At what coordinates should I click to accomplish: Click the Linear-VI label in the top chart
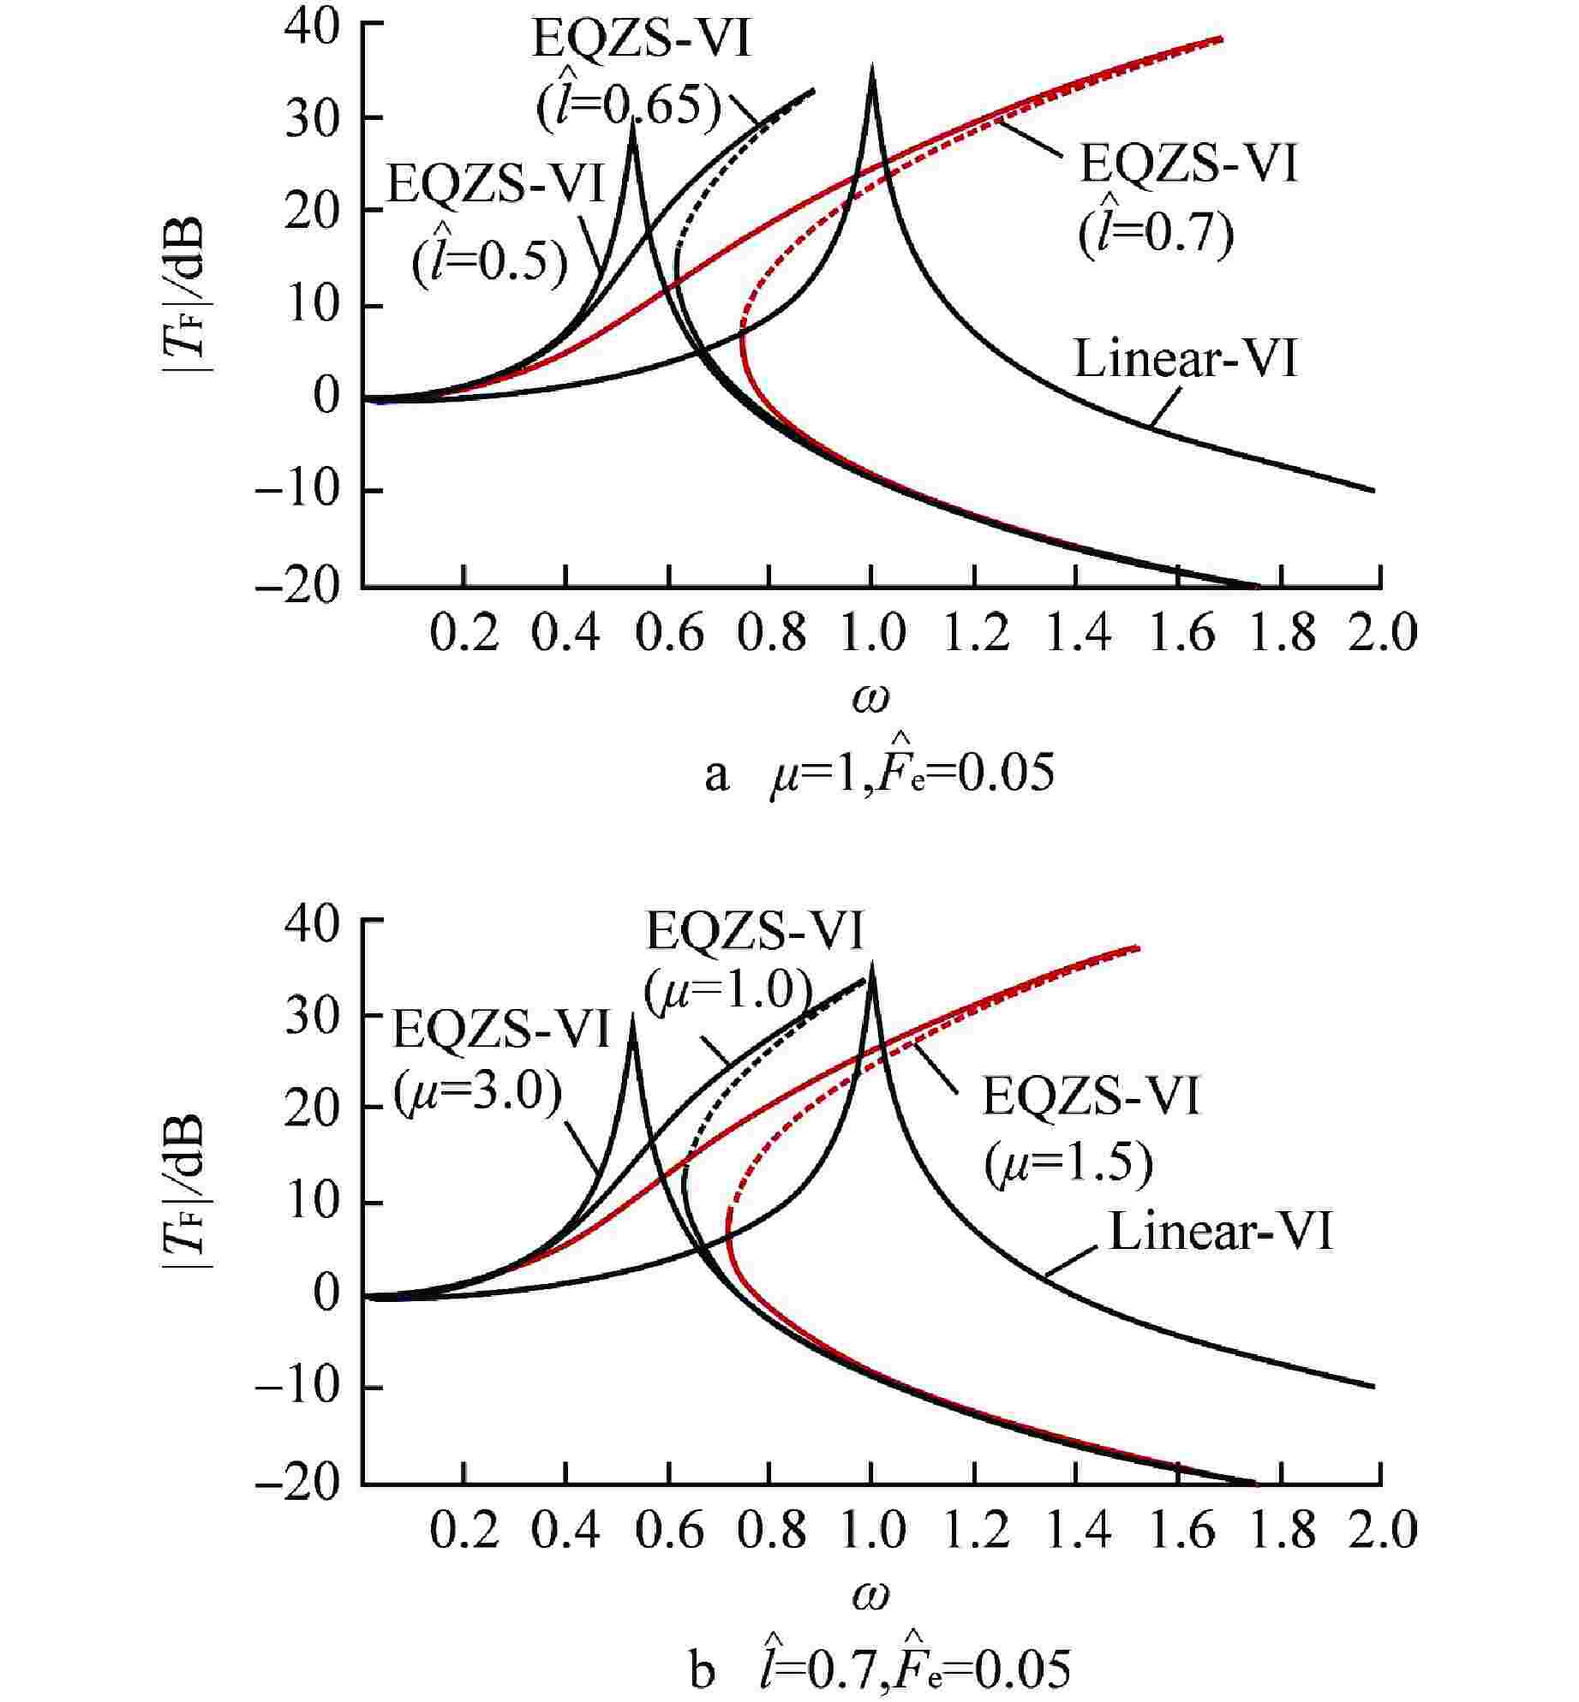point(1186,360)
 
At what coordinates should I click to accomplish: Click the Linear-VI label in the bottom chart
point(1221,1233)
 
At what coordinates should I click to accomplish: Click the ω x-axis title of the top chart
point(870,698)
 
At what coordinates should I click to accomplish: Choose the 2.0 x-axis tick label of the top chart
point(1381,636)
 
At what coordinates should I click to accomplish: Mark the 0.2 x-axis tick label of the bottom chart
point(464,1533)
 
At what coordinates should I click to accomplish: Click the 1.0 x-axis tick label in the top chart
point(871,636)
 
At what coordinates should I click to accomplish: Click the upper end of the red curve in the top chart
point(1220,39)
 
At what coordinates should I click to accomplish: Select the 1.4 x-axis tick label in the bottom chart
point(1075,1533)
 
